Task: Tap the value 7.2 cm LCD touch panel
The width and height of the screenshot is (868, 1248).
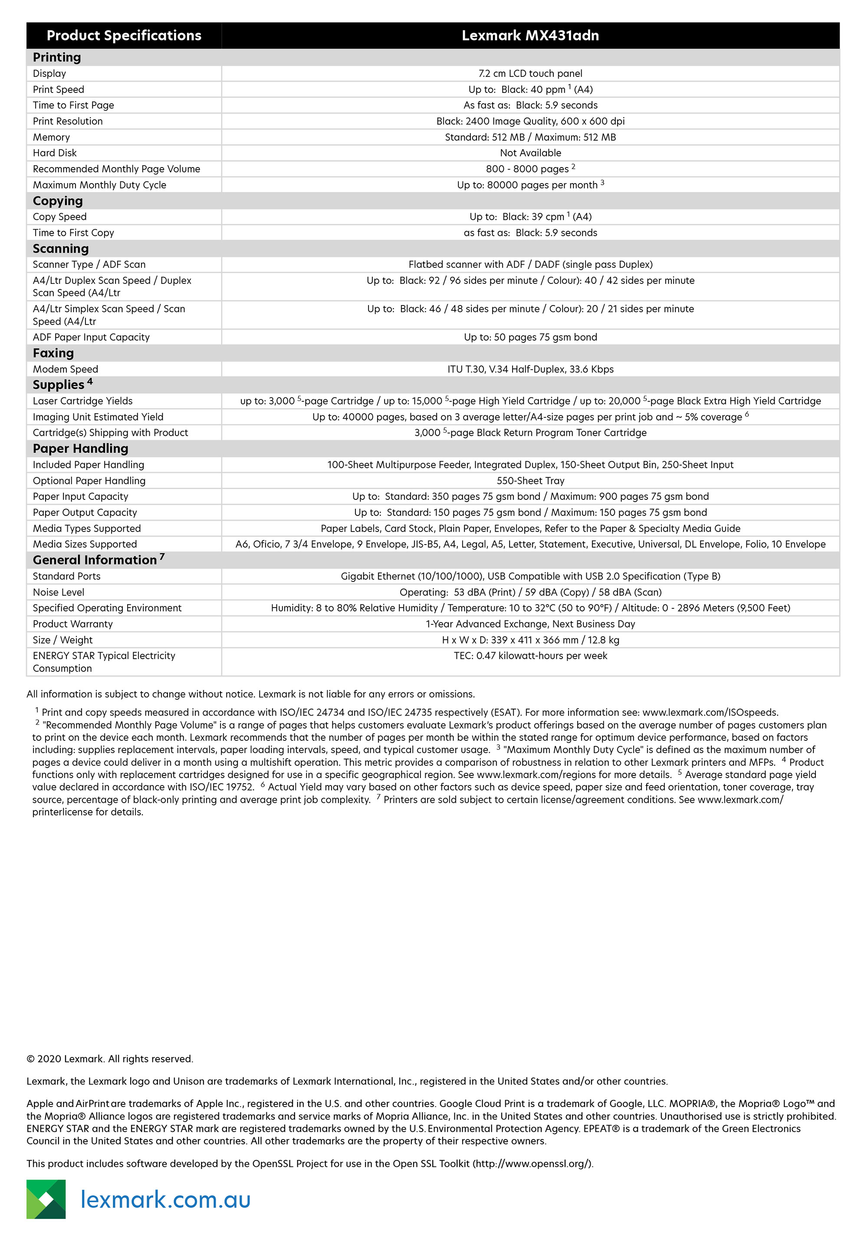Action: [x=530, y=73]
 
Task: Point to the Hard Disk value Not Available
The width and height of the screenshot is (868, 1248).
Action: [x=530, y=153]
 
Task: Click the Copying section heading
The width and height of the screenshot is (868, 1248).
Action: [x=58, y=201]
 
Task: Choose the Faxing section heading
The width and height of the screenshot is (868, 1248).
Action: [x=53, y=353]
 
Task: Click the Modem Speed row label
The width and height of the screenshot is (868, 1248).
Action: [x=65, y=370]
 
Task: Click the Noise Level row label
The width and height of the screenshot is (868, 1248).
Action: [x=59, y=592]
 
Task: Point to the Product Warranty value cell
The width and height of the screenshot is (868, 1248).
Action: [x=530, y=624]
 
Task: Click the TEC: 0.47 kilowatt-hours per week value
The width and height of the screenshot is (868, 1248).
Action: [x=530, y=656]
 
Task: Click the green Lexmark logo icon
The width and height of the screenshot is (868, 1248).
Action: [x=46, y=1199]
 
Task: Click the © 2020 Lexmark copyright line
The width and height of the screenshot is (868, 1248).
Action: [x=110, y=1059]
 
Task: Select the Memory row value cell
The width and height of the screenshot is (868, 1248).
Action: [x=530, y=138]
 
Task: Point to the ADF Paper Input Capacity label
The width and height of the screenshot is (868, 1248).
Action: [x=91, y=338]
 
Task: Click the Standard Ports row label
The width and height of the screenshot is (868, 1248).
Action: [x=66, y=577]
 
